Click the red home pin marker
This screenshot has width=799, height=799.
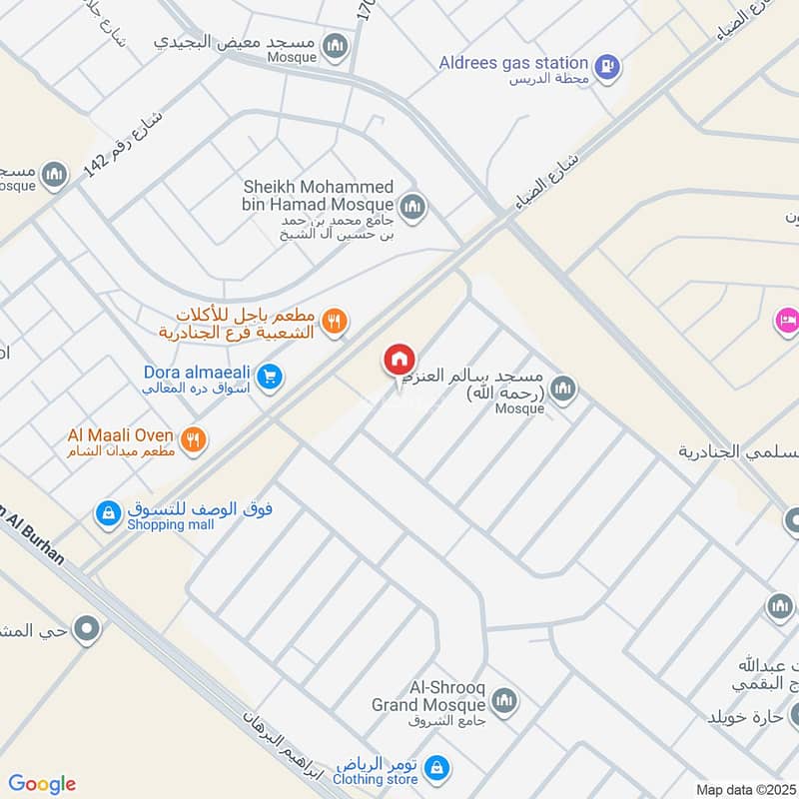pyautogui.click(x=399, y=360)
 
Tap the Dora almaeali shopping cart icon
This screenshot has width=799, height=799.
pyautogui.click(x=269, y=377)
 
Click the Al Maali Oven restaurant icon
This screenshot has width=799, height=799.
pyautogui.click(x=195, y=437)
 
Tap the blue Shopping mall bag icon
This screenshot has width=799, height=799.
pyautogui.click(x=107, y=513)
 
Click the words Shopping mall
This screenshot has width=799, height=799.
pyautogui.click(x=171, y=525)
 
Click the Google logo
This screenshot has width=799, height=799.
pyautogui.click(x=42, y=784)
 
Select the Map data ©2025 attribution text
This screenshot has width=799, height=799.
pyautogui.click(x=744, y=789)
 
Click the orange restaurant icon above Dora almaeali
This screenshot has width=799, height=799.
pyautogui.click(x=335, y=321)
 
